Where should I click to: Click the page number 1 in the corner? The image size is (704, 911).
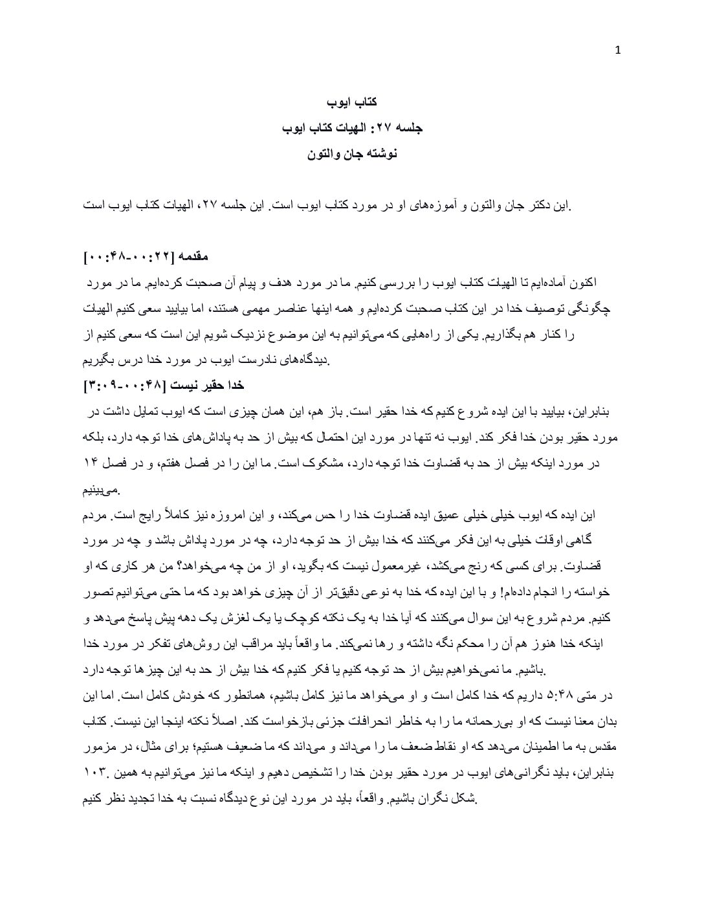click(618, 52)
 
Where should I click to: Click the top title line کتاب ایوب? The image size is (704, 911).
click(352, 102)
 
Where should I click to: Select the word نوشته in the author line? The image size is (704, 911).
click(380, 154)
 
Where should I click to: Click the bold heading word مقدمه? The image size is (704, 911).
click(192, 257)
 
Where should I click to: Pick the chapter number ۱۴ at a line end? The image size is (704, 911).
click(91, 463)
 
